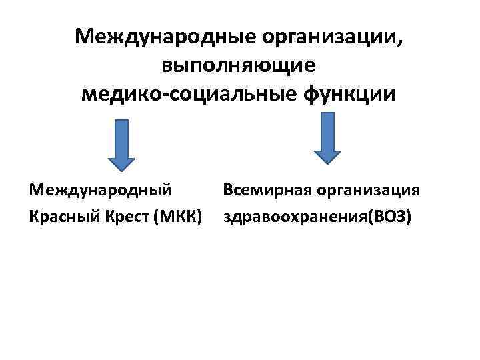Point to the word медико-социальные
190,95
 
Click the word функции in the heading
351,95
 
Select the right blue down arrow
327,137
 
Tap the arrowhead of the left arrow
121,161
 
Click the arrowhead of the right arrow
327,155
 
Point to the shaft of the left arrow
121,137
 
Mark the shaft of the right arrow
327,130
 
